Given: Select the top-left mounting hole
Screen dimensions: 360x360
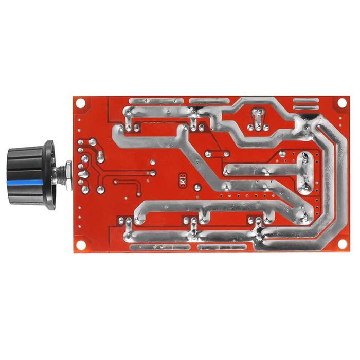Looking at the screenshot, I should pos(80,102).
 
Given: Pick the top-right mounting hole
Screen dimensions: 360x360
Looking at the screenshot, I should pos(341,103).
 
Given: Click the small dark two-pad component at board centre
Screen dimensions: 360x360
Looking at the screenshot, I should pos(182,180).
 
